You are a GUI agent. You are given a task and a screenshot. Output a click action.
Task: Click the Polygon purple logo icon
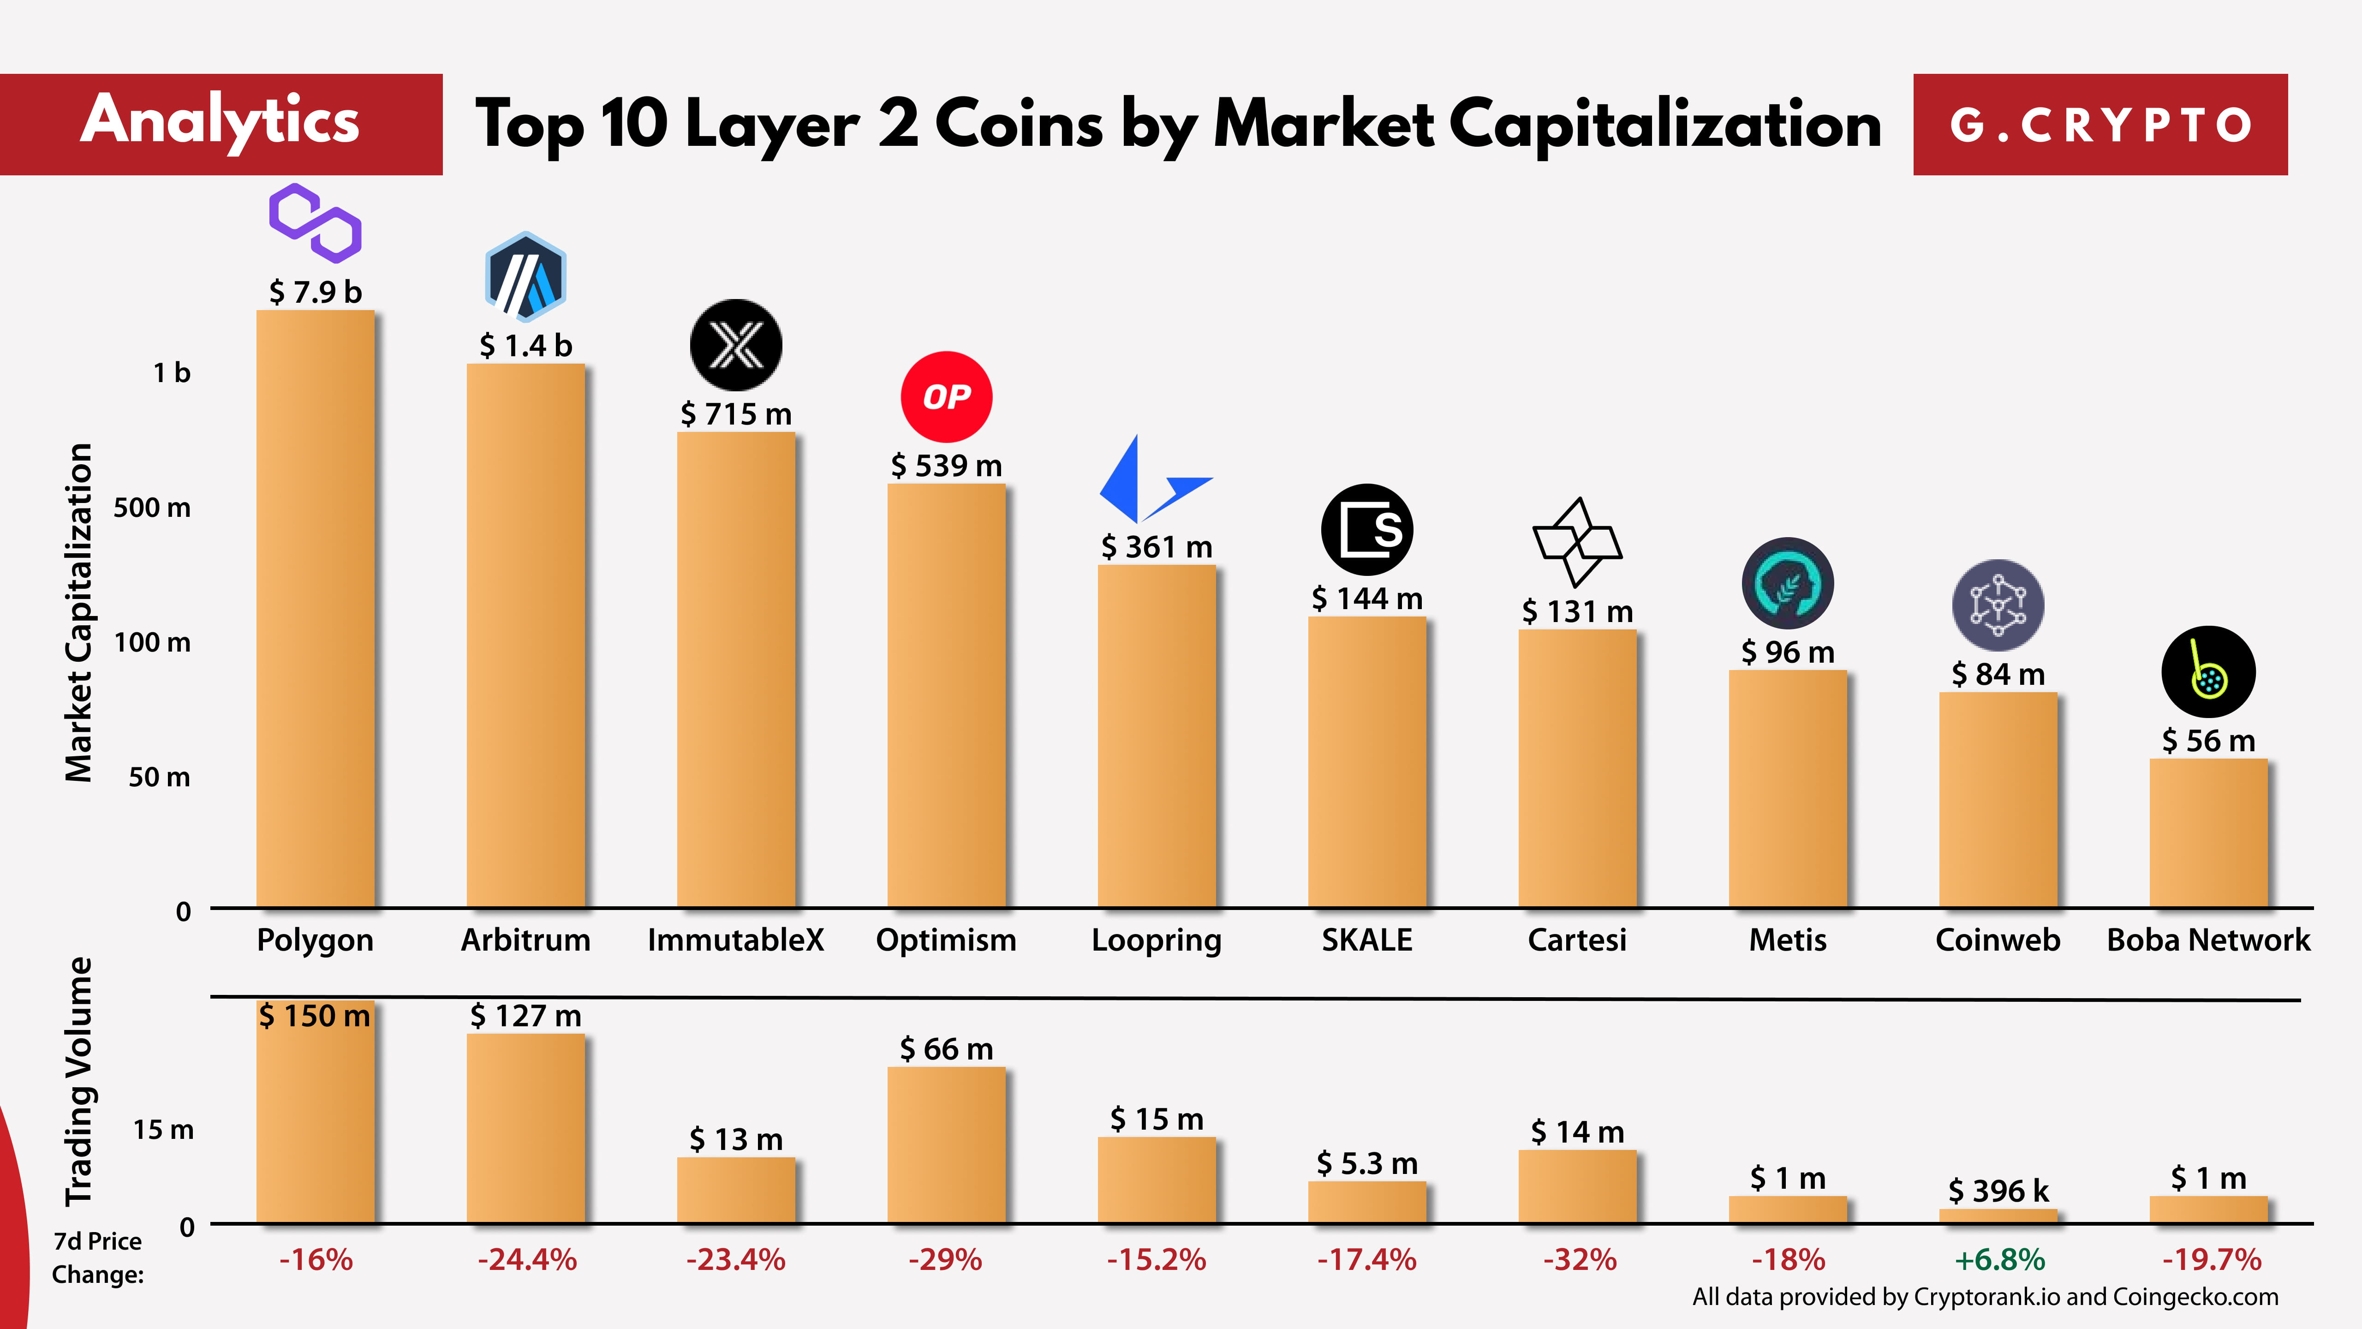[315, 223]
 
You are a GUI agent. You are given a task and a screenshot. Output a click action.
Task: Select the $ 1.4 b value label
[525, 346]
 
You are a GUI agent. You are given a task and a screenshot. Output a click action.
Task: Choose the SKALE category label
[1366, 940]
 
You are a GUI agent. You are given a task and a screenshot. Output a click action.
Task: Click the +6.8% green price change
[1999, 1259]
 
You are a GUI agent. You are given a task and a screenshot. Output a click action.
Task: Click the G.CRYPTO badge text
[2100, 125]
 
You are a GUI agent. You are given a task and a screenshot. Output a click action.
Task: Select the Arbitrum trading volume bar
[525, 1128]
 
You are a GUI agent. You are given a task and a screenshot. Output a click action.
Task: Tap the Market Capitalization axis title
[79, 613]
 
